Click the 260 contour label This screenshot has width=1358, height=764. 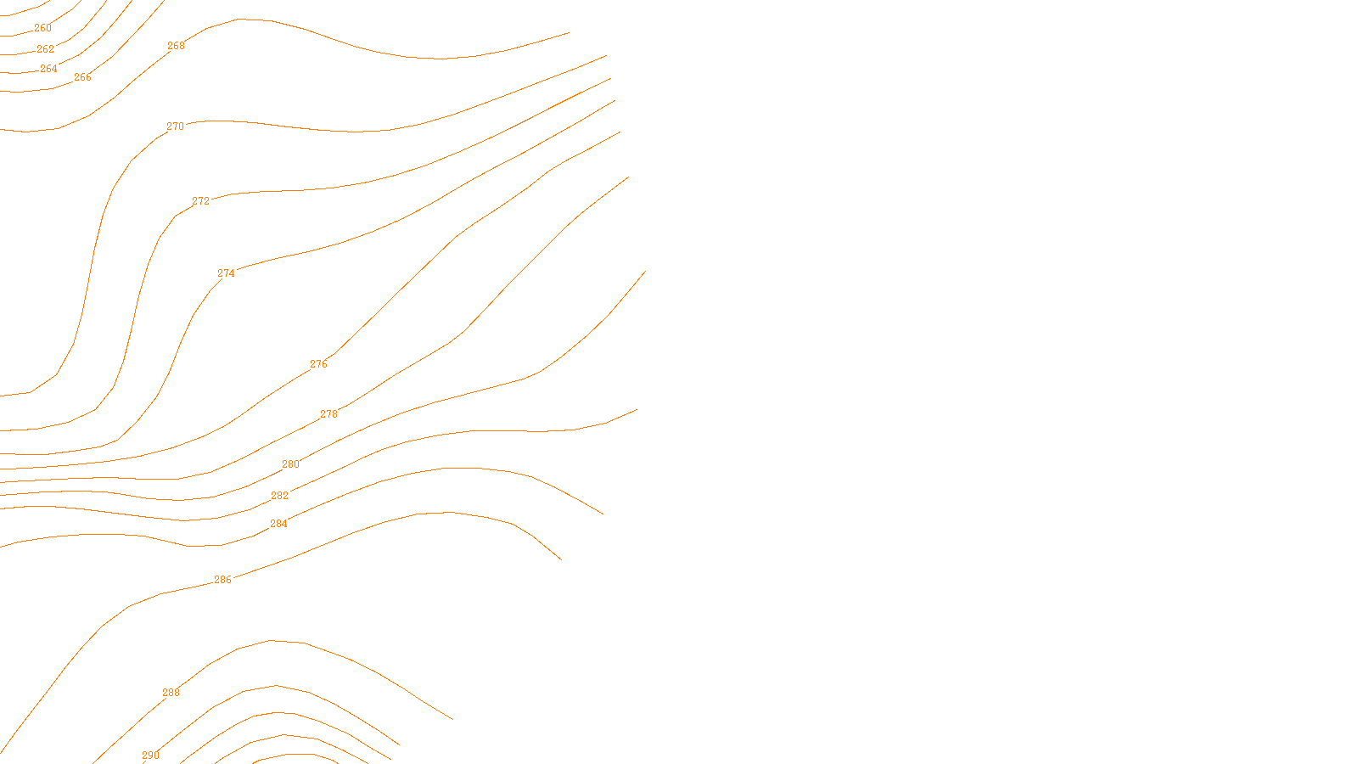pyautogui.click(x=42, y=28)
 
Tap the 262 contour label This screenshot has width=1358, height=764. pyautogui.click(x=45, y=49)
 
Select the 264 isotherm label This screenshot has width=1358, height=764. pyautogui.click(x=48, y=69)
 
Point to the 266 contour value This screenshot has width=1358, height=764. pyautogui.click(x=82, y=77)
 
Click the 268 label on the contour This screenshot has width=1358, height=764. pyautogui.click(x=176, y=46)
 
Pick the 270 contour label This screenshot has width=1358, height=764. pyautogui.click(x=175, y=126)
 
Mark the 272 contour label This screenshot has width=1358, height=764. pyautogui.click(x=200, y=201)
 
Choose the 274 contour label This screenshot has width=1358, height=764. pyautogui.click(x=226, y=273)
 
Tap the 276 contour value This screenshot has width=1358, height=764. pyautogui.click(x=318, y=364)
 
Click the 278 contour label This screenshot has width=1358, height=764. pyautogui.click(x=328, y=414)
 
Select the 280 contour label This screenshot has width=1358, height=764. pyautogui.click(x=290, y=464)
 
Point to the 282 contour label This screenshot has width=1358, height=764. pyautogui.click(x=279, y=496)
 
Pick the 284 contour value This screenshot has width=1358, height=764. pyautogui.click(x=278, y=524)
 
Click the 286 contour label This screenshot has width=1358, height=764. pyautogui.click(x=222, y=580)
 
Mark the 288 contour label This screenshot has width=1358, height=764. pyautogui.click(x=171, y=693)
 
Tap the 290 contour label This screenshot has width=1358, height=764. pyautogui.click(x=150, y=756)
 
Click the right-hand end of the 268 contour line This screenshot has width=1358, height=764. pyautogui.click(x=569, y=33)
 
